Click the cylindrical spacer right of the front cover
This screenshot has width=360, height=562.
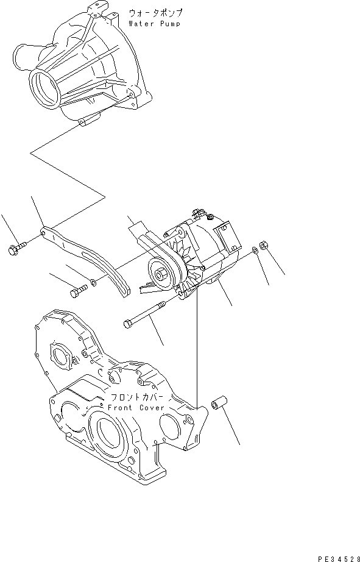tap(218, 405)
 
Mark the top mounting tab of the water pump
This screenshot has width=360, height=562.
tap(96, 9)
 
